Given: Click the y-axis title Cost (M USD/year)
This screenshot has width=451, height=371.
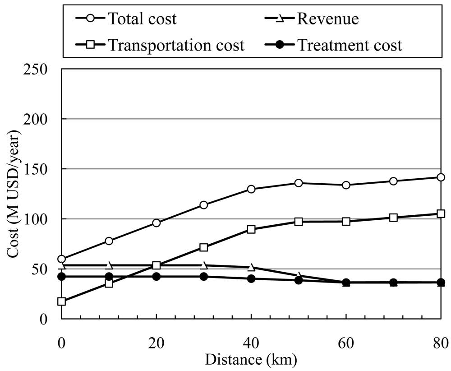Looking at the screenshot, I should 13,195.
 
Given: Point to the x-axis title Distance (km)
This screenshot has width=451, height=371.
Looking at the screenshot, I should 251,360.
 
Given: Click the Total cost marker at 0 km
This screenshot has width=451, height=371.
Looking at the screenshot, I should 61,259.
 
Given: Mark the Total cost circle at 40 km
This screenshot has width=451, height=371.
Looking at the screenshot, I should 251,189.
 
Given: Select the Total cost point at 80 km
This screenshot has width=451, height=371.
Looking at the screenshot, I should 441,177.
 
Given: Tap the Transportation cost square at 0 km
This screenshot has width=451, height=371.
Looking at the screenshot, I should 61,301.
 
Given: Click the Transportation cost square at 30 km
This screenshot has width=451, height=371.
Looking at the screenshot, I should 204,247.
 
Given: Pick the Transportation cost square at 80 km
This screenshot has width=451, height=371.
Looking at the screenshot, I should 441,213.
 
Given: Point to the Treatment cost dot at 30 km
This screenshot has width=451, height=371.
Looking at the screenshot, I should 204,276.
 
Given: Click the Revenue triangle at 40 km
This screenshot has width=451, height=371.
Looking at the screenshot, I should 251,267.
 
